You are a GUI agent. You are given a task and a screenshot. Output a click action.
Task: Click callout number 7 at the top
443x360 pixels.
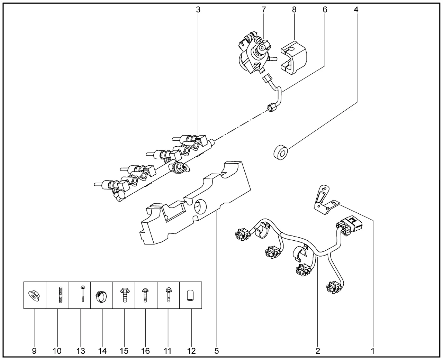[264, 10]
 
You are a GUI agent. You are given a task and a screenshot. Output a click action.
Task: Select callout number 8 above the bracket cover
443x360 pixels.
[294, 10]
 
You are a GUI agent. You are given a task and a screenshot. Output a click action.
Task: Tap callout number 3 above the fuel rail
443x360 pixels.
[198, 10]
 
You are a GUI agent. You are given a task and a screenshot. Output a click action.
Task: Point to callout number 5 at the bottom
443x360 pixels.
[217, 351]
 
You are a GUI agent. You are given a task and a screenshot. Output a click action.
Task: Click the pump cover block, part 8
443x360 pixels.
[294, 57]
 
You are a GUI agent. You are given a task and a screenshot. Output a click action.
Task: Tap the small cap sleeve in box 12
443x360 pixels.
[191, 296]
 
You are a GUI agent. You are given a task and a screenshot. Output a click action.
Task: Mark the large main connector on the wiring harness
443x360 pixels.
[350, 225]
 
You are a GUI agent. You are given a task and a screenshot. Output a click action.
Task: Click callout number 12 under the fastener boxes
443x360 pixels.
[191, 351]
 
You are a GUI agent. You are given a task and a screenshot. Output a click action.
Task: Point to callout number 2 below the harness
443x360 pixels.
[318, 351]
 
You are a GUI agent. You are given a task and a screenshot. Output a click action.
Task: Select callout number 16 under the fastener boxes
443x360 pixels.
[146, 351]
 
